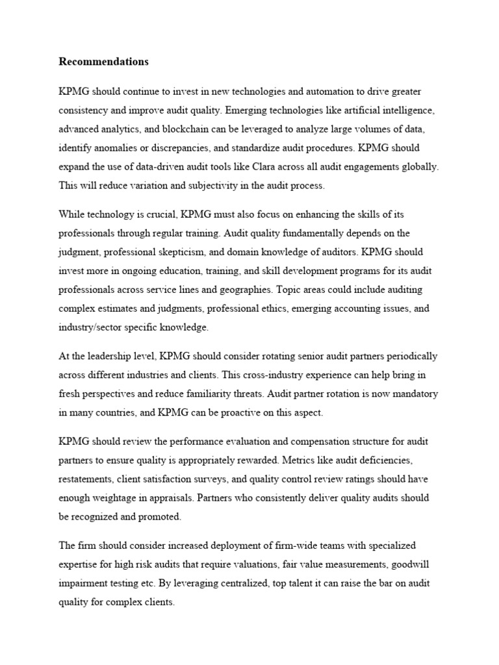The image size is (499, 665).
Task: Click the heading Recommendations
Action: [x=103, y=62]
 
